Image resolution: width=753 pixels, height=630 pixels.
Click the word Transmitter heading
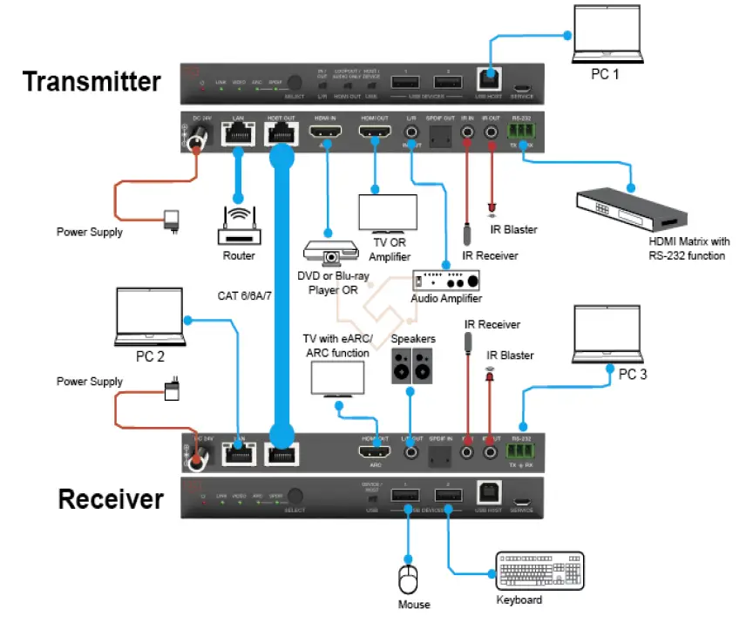point(92,82)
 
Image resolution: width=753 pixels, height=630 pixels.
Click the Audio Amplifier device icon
point(445,281)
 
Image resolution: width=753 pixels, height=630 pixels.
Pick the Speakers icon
point(411,363)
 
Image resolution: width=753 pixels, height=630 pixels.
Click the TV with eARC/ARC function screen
point(337,377)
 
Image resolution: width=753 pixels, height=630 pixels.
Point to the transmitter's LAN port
point(237,133)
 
